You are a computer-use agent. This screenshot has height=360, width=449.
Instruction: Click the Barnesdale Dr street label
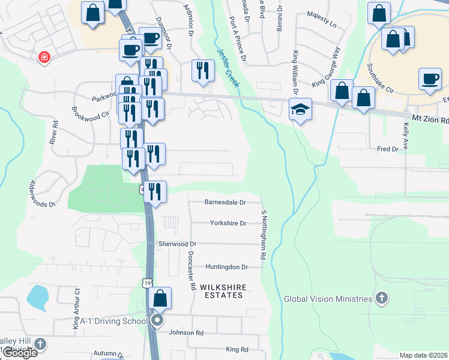(225, 202)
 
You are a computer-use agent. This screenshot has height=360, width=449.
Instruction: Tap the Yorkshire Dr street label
(228, 223)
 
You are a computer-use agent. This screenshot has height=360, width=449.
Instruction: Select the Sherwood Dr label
(178, 244)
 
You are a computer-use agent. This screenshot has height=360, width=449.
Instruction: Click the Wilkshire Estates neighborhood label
(223, 292)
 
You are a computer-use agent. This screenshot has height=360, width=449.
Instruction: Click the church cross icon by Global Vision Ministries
(381, 298)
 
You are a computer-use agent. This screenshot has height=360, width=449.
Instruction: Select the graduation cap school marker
(300, 110)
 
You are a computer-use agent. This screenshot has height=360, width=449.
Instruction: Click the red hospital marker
(44, 58)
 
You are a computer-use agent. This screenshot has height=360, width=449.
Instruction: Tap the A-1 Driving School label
(110, 321)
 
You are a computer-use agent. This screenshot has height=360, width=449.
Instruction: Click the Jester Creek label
(228, 68)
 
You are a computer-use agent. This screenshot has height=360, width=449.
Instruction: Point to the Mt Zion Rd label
(430, 120)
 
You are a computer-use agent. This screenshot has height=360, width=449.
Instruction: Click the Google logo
(19, 353)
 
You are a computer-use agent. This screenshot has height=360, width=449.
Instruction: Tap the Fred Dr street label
(387, 149)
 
